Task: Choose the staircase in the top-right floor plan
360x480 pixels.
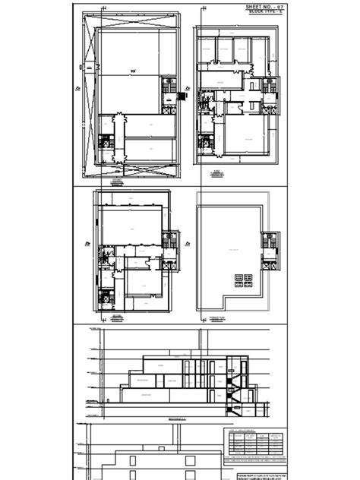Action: click(x=268, y=88)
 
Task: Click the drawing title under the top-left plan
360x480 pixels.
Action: click(x=116, y=181)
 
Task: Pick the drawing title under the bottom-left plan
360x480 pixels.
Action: click(x=116, y=317)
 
